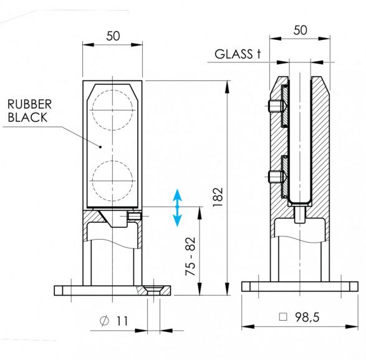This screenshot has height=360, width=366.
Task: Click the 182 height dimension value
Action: point(218,197)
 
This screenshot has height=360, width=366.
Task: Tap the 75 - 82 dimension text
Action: point(190,256)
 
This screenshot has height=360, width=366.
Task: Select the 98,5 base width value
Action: point(307,317)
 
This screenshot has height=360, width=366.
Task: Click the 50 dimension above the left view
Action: point(113,36)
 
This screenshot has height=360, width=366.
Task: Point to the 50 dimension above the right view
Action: point(300,31)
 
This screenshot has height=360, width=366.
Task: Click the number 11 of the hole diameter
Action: point(122,321)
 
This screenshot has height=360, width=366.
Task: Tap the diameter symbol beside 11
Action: point(104,321)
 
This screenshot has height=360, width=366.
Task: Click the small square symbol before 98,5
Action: point(283,317)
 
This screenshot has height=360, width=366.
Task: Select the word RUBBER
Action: point(29,104)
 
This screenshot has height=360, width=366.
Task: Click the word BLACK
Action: point(27,117)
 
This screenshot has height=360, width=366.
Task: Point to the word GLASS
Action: point(233,54)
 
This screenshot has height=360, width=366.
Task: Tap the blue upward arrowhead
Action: point(177,195)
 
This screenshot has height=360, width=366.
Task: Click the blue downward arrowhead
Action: point(177,220)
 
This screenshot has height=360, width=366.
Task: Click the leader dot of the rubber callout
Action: point(100,147)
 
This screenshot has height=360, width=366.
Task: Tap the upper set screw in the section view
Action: point(276,106)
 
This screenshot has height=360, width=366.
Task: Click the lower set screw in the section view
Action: point(276,177)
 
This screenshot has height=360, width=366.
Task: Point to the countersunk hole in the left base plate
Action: point(153,291)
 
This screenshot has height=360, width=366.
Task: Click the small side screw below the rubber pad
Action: point(134,216)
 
